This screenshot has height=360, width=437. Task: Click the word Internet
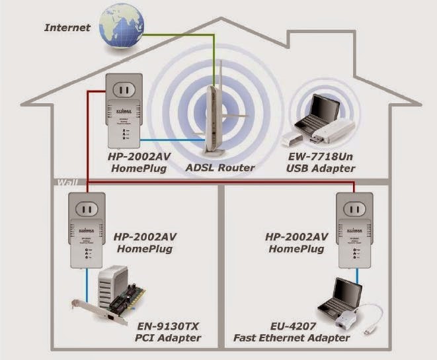point(67,28)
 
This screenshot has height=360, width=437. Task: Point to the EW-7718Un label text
point(322,157)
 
